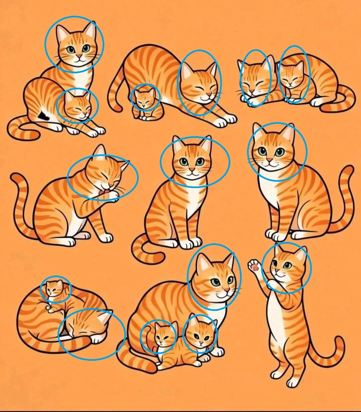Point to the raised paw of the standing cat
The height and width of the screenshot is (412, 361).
[x=255, y=266]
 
